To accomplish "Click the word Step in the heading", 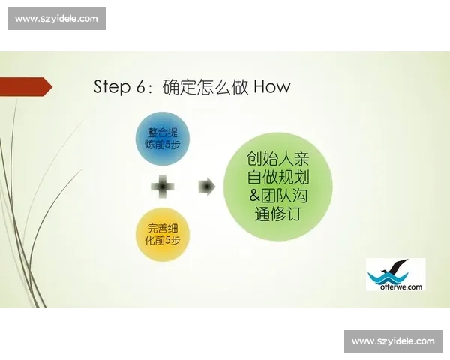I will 112,87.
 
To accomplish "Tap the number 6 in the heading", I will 144,87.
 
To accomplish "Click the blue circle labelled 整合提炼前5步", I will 163,139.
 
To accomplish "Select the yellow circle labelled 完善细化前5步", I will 163,235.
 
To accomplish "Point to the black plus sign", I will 163,187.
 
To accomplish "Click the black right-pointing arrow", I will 206,187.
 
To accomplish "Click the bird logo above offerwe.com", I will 393,268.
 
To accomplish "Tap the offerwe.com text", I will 395,285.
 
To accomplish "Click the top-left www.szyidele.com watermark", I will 57,19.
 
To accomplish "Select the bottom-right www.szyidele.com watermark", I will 393,341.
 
